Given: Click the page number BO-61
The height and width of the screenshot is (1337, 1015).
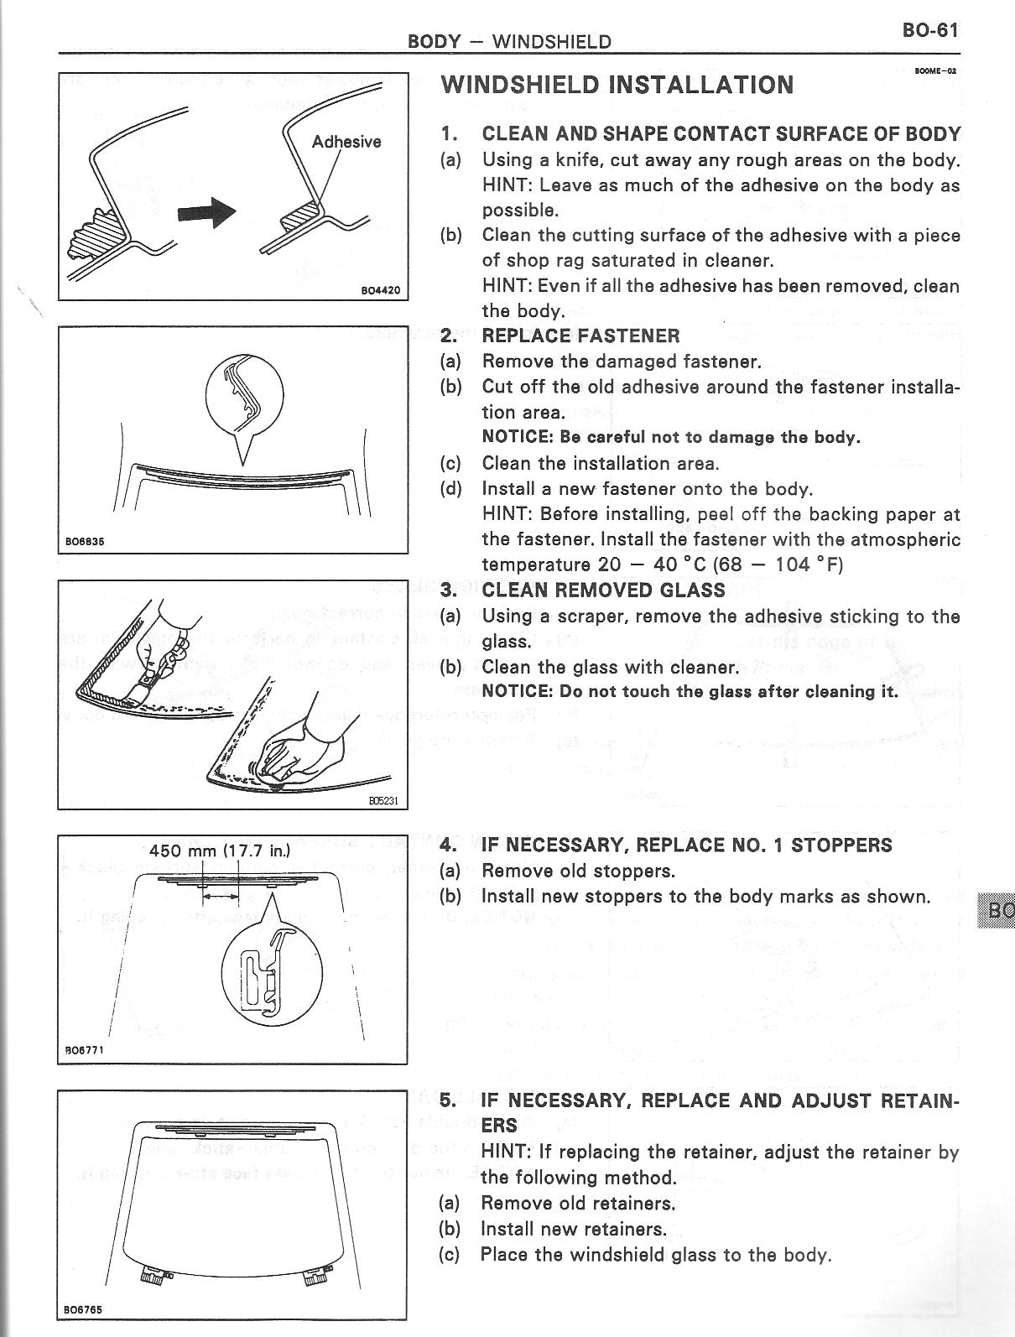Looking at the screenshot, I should click(929, 29).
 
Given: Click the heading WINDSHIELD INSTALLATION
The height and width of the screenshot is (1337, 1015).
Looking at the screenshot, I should click(617, 85).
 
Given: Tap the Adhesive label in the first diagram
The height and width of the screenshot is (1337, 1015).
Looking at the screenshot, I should click(346, 142).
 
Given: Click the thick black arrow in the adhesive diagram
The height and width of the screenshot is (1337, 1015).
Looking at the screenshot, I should click(207, 212).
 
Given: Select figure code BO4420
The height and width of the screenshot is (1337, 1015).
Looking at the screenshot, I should click(380, 291).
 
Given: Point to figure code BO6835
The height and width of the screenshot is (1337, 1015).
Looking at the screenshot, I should click(85, 541).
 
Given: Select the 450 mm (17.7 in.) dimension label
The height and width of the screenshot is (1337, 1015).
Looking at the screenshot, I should click(219, 851).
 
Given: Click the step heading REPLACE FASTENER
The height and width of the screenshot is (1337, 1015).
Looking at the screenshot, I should click(580, 336).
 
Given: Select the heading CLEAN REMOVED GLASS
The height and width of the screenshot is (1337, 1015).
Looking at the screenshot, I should click(603, 590).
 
